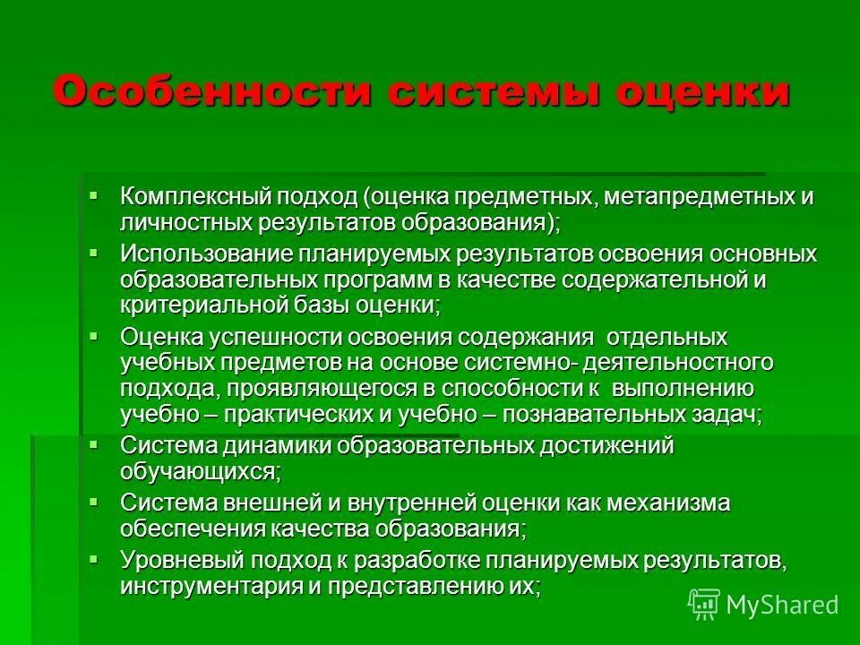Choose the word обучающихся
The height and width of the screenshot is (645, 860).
coord(199,470)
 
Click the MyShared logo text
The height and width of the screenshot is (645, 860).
coord(781,605)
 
